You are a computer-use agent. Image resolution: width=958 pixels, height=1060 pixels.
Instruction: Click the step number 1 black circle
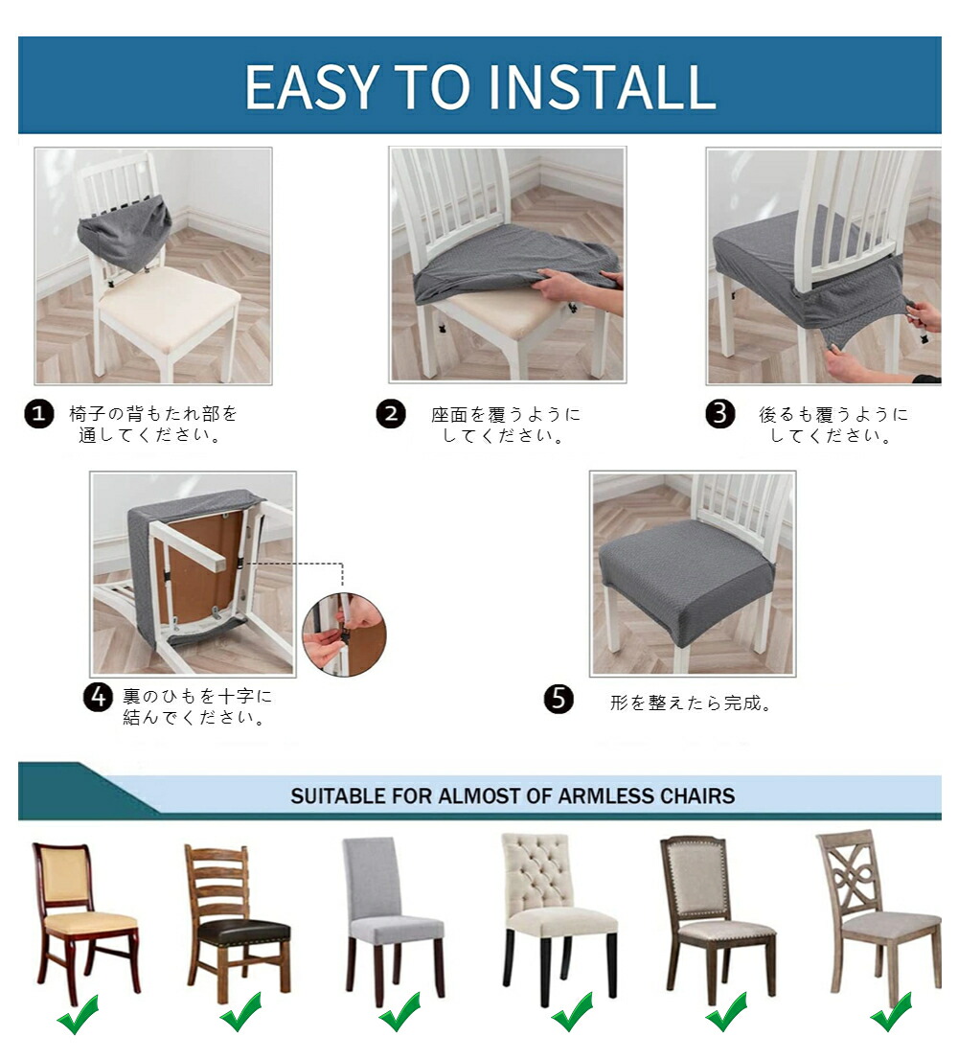[x=39, y=414]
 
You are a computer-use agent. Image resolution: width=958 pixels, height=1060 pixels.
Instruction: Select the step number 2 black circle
[x=391, y=414]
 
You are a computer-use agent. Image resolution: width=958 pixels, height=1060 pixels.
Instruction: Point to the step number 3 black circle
[x=720, y=414]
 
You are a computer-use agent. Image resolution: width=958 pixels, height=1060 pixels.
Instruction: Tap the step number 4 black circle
[x=98, y=697]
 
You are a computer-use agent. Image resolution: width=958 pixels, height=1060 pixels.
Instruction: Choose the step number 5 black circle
[x=559, y=699]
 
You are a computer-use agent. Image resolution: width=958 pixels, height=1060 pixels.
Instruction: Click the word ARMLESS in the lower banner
[x=606, y=795]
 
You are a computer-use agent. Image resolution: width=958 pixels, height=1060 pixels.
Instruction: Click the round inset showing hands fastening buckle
[x=345, y=635]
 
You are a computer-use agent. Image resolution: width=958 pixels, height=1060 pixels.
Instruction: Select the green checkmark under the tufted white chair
[x=572, y=1012]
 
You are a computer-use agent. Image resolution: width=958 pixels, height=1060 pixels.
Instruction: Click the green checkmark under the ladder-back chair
[x=240, y=1012]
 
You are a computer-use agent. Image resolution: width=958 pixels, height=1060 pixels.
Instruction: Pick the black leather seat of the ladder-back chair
[x=244, y=936]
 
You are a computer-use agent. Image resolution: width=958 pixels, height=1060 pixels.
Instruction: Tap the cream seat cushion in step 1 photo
[x=169, y=301]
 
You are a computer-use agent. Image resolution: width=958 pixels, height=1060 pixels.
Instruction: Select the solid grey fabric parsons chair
[x=395, y=919]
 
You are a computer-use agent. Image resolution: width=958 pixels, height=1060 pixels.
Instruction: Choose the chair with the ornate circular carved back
[x=878, y=916]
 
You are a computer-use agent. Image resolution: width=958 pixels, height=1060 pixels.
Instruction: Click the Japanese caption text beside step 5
[x=691, y=703]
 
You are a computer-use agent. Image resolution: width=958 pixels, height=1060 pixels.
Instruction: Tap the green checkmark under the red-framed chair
[x=78, y=1014]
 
